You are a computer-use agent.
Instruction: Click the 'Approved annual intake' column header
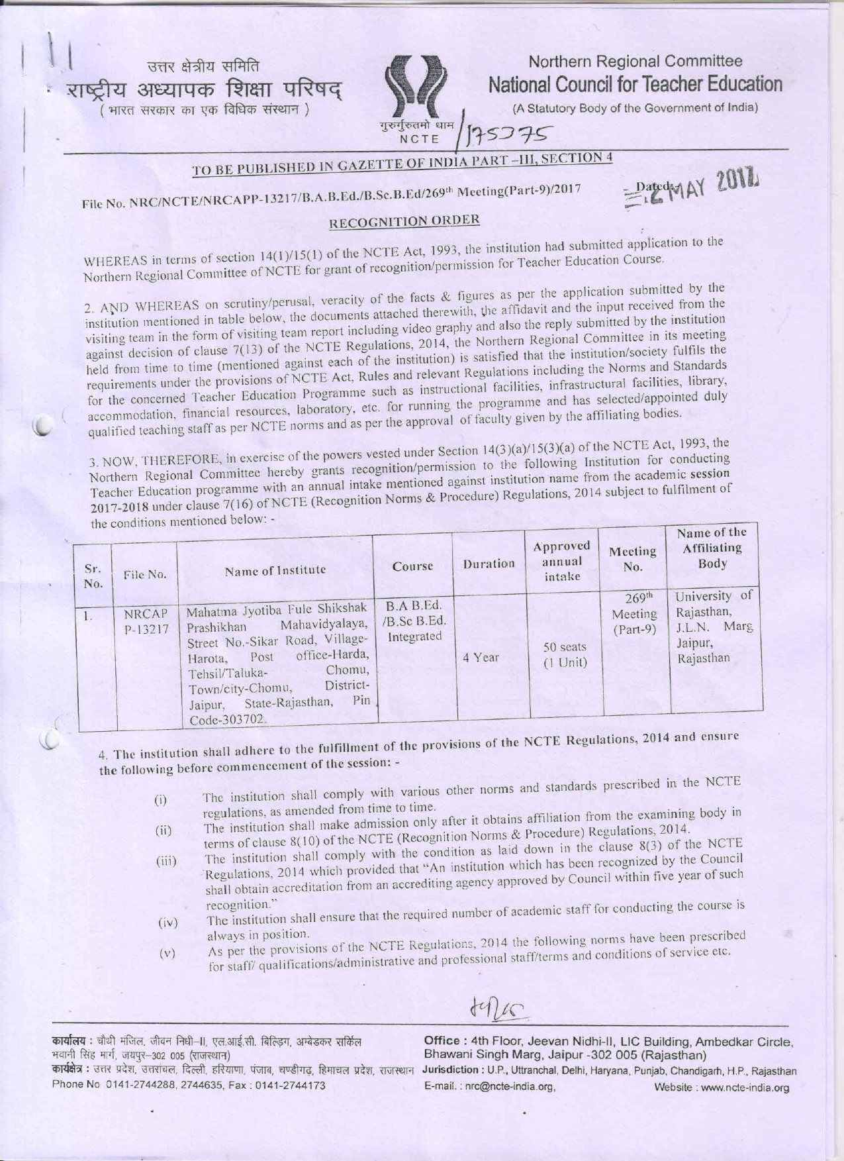(x=561, y=560)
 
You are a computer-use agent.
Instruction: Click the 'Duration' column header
(x=489, y=564)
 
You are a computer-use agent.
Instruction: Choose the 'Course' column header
(x=412, y=566)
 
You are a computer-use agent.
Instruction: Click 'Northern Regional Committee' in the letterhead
(x=635, y=62)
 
